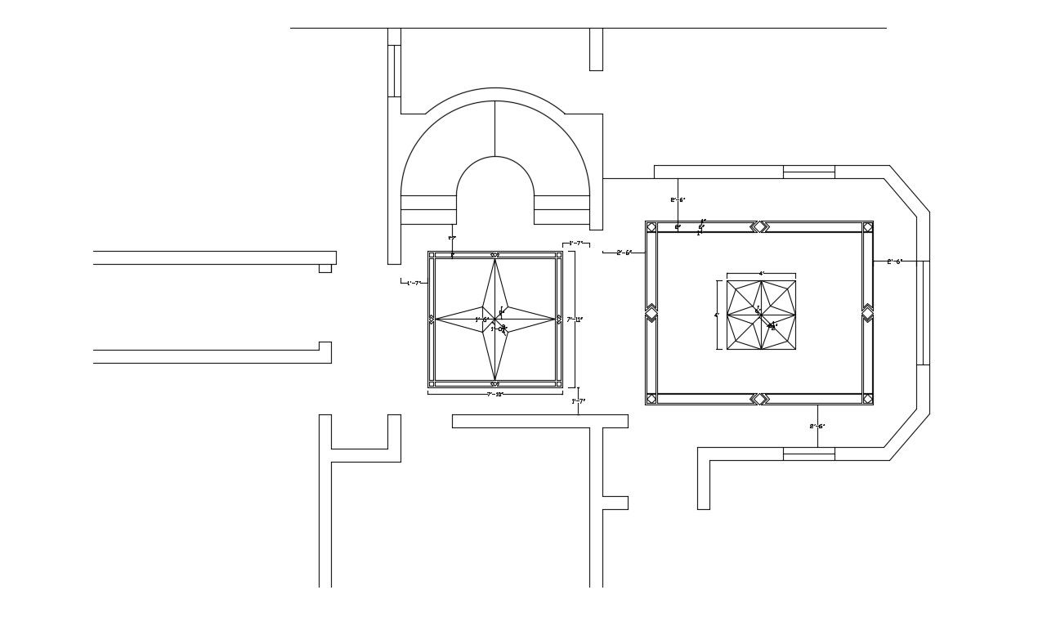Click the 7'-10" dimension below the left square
[x=494, y=395]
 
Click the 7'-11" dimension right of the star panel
[x=575, y=320]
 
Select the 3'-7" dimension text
[x=578, y=244]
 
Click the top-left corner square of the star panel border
[x=432, y=255]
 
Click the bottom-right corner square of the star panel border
[x=558, y=383]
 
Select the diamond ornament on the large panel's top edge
[x=760, y=226]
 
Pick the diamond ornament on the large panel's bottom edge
[x=760, y=399]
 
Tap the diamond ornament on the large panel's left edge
[x=651, y=313]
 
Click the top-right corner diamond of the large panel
[x=867, y=227]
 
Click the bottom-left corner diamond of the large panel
[x=651, y=399]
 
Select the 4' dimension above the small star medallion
[x=761, y=274]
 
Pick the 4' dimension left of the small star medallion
[x=717, y=315]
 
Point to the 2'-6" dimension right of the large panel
[x=894, y=262]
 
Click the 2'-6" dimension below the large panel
[x=817, y=426]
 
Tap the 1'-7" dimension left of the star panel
[x=414, y=283]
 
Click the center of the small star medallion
[x=761, y=315]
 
